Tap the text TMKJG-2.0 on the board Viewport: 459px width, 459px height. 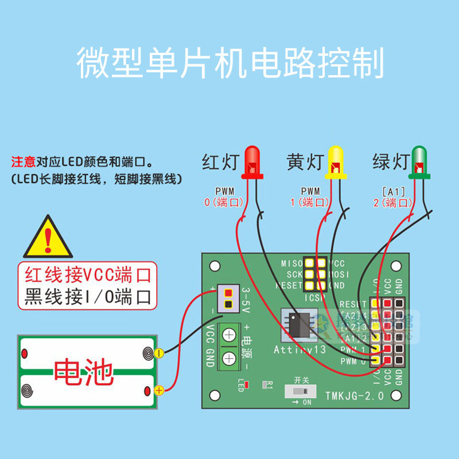point(354,396)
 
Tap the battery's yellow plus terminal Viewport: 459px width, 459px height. point(160,390)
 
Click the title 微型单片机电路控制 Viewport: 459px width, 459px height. point(229,63)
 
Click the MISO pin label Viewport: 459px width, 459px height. point(291,263)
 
